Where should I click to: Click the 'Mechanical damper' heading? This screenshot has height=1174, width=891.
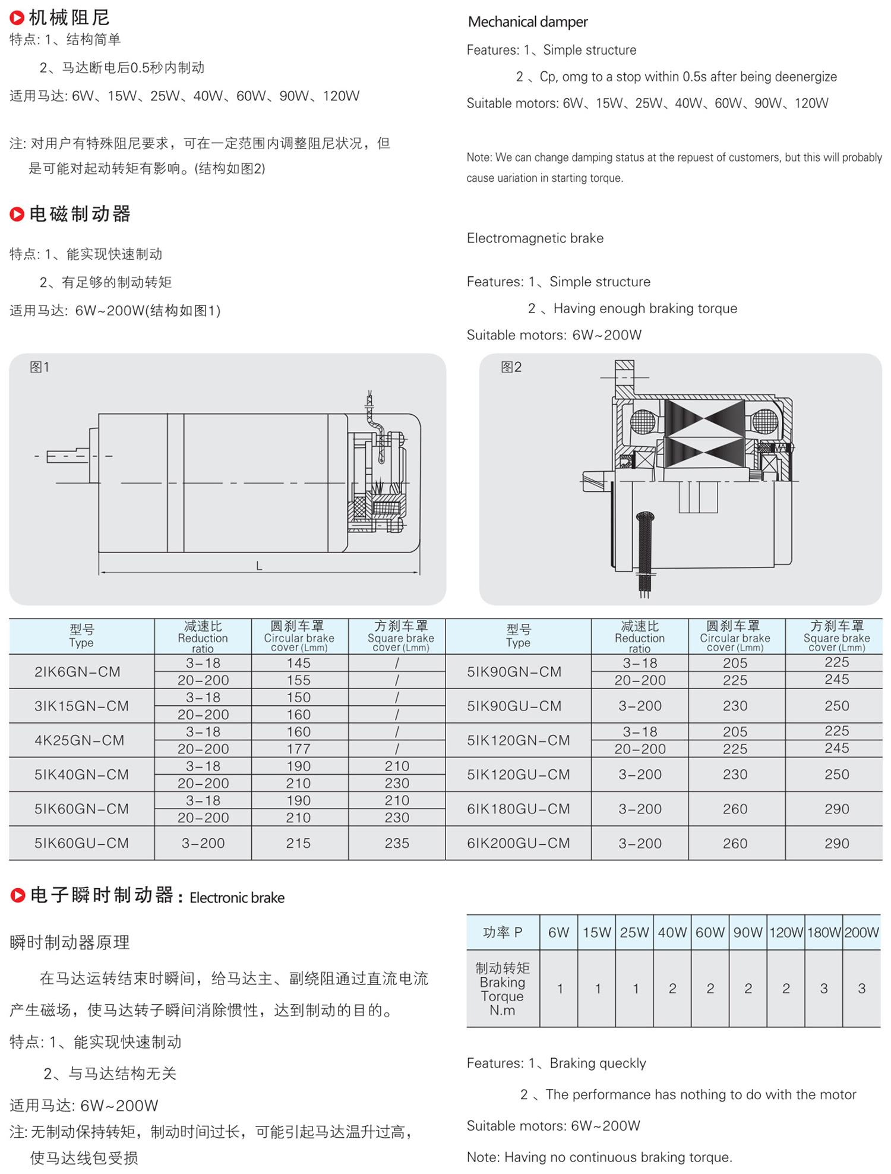[x=527, y=22]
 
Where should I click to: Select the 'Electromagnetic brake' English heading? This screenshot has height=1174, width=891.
[x=535, y=238]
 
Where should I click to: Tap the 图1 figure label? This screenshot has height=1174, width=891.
[x=40, y=367]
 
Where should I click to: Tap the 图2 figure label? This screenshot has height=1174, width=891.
[x=511, y=367]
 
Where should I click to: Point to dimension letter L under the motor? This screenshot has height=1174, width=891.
[x=259, y=566]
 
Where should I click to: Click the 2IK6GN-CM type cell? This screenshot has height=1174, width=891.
[x=77, y=672]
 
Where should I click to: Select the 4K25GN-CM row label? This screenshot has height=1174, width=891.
[x=80, y=740]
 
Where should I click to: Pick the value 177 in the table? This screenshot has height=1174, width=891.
[x=298, y=749]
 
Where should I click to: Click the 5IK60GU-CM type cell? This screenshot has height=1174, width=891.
[x=81, y=843]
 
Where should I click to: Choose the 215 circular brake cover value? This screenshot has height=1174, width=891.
[x=298, y=843]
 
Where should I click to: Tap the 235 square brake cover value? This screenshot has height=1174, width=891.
[x=397, y=843]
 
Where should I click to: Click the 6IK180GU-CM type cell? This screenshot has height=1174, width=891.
[x=518, y=809]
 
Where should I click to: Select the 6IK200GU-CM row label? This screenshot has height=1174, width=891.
[x=518, y=843]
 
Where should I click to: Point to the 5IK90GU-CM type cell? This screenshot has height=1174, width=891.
[x=514, y=706]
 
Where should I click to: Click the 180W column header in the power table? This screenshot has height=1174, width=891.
[x=823, y=932]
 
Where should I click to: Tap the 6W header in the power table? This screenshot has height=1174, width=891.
[x=558, y=932]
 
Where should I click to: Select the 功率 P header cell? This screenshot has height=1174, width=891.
[x=503, y=932]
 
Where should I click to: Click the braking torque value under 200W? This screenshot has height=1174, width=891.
[x=861, y=989]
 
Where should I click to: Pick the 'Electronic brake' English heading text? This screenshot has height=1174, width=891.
[x=237, y=898]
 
